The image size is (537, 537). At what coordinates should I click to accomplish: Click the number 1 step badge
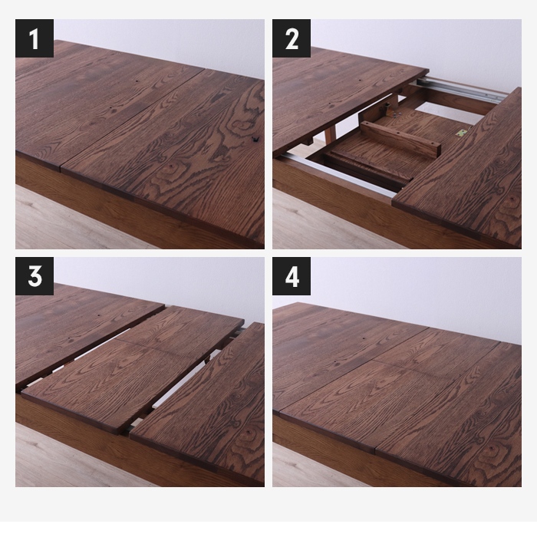[35, 38]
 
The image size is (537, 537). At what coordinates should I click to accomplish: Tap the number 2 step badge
[292, 38]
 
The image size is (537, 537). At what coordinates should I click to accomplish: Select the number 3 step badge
[35, 276]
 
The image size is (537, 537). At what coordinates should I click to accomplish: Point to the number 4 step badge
[292, 276]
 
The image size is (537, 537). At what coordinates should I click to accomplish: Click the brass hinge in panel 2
[462, 133]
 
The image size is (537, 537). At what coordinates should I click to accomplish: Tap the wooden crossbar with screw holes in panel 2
[400, 139]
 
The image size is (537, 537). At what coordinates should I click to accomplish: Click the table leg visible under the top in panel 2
[330, 132]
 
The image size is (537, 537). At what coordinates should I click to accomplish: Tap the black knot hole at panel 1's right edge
[255, 139]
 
